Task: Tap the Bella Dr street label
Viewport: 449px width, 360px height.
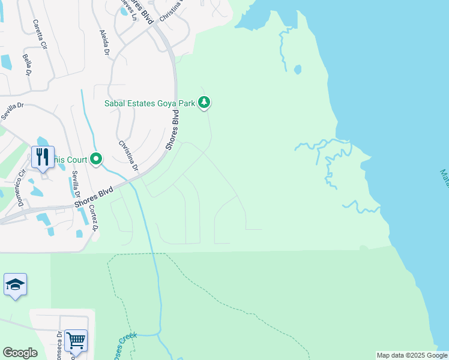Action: click(x=27, y=64)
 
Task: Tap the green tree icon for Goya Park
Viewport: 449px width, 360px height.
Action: click(x=205, y=103)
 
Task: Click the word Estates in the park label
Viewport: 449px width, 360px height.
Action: click(x=140, y=103)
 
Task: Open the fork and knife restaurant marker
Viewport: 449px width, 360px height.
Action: click(x=43, y=157)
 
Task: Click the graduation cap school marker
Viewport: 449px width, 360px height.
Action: click(x=15, y=284)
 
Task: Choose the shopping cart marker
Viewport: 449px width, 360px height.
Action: click(x=76, y=341)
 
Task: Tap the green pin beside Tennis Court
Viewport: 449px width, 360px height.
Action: click(x=96, y=159)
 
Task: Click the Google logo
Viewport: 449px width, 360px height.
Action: click(x=20, y=353)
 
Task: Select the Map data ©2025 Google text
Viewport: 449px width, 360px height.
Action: click(x=411, y=355)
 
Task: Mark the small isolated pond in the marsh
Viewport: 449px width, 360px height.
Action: click(x=298, y=70)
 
